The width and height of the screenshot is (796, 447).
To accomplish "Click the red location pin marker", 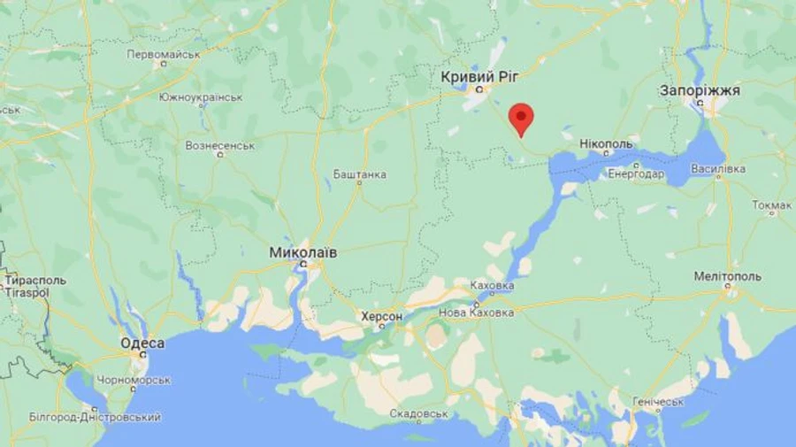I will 522,119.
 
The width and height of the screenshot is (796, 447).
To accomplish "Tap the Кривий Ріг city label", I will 478,77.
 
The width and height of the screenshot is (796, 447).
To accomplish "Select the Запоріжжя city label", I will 700,90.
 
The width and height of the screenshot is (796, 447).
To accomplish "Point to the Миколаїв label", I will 302,252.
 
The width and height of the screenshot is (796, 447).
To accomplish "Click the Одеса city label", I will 142,343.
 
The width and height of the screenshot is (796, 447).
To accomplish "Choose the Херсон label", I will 382,316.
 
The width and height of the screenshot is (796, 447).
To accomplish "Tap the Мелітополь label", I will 727,276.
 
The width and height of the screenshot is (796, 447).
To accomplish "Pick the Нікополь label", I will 607,143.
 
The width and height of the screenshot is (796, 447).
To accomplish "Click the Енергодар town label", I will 636,173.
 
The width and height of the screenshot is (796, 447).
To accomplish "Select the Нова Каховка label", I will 476,313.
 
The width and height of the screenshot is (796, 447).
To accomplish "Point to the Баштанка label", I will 359,174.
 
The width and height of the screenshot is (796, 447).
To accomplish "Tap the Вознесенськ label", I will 221,144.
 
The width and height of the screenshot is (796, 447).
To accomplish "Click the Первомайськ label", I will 164,54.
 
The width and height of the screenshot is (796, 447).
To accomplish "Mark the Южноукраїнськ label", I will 201,97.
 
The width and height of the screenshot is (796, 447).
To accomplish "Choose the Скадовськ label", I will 418,413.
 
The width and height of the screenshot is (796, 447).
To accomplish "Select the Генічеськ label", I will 658,401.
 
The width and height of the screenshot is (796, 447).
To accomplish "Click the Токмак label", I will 771,205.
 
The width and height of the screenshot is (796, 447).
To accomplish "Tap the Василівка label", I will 718,168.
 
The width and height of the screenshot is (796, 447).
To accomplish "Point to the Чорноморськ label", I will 134,380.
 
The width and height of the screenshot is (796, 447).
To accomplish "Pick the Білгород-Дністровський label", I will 96,416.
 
